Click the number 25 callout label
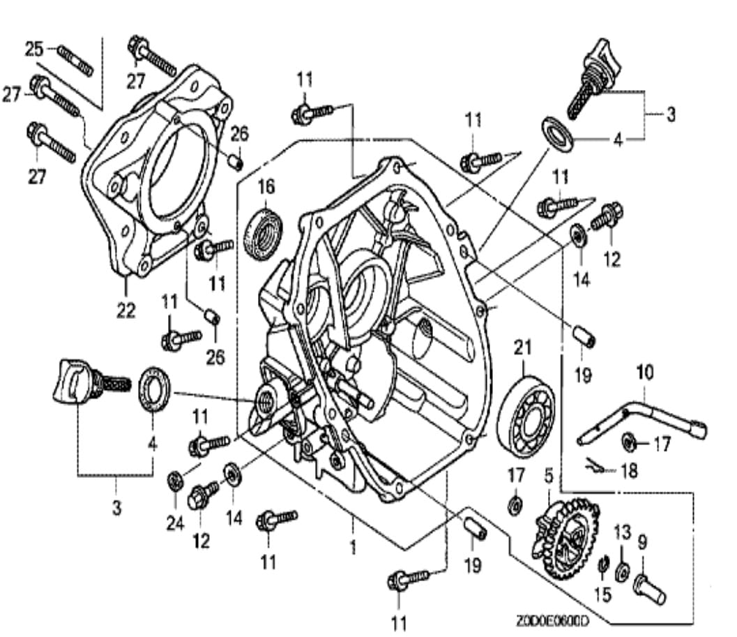point(33,49)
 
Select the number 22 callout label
point(126,310)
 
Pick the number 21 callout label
point(522,347)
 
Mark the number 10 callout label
point(645,372)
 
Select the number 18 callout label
point(628,472)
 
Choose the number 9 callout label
point(642,540)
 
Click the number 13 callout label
point(621,533)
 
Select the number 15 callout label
point(602,594)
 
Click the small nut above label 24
point(174,480)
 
